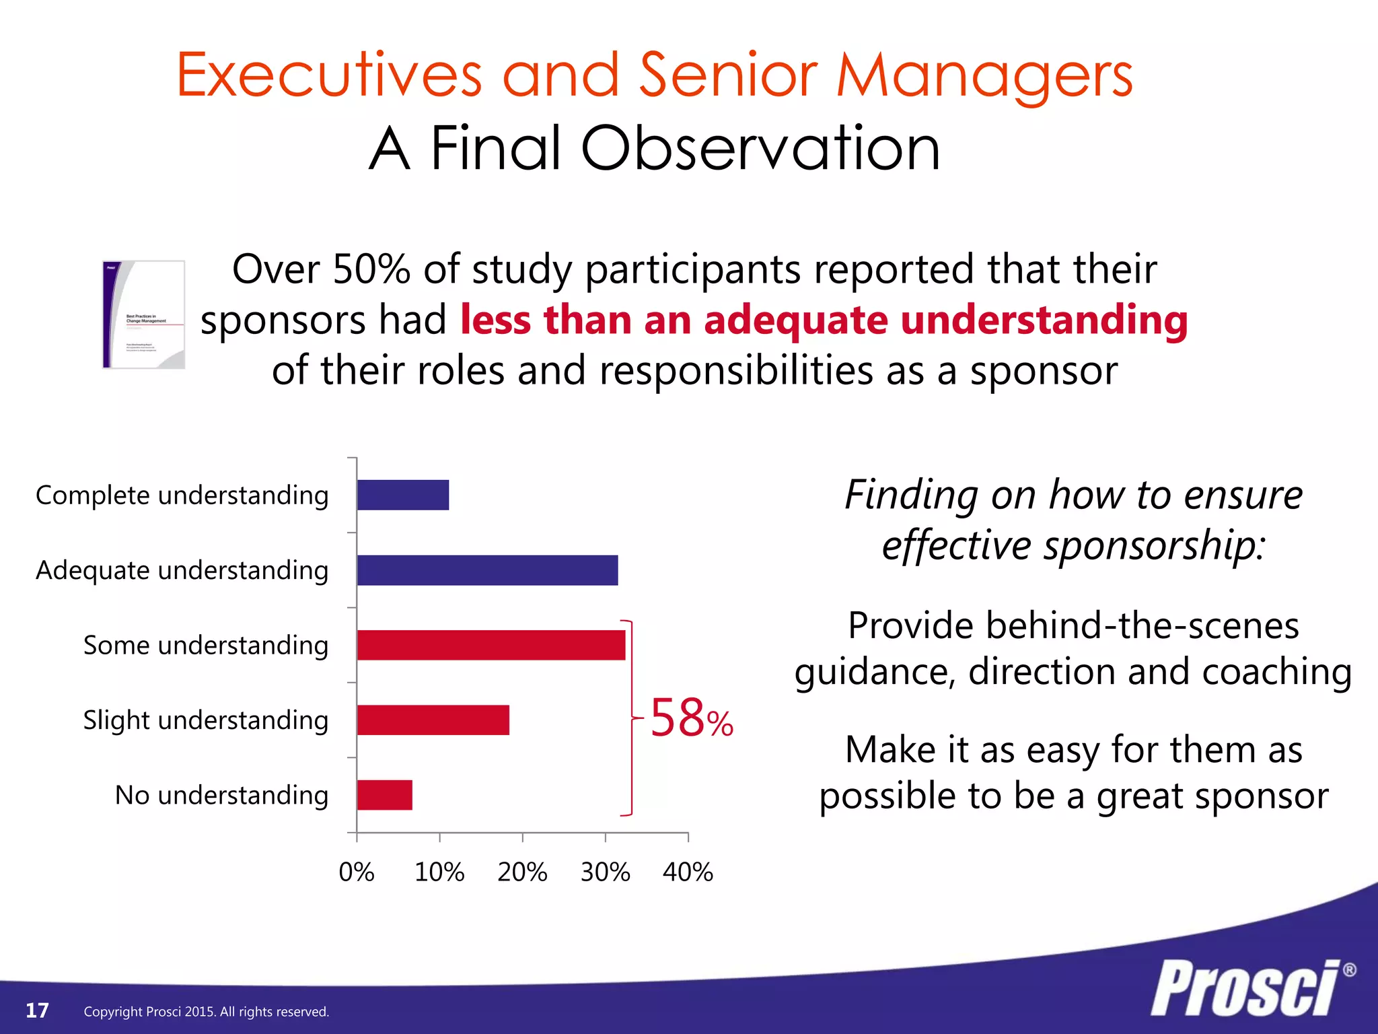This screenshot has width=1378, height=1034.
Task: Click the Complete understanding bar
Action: (402, 495)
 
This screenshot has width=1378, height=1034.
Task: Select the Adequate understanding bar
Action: (487, 570)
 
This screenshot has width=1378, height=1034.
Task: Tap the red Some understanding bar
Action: (491, 645)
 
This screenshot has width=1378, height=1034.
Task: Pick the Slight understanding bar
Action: (433, 720)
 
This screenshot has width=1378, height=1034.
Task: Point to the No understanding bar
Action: (384, 795)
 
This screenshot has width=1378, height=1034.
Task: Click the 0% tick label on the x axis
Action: (356, 872)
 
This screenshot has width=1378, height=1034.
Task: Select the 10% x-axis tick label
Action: (439, 872)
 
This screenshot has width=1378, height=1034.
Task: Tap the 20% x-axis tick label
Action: (522, 872)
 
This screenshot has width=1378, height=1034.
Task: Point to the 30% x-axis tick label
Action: (605, 872)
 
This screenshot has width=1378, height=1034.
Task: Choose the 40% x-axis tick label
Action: (688, 872)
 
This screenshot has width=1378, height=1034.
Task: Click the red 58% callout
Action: (691, 719)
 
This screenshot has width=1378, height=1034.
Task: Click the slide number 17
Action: (37, 1010)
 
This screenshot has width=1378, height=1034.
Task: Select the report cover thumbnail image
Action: (143, 314)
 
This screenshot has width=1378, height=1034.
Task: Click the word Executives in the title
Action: (329, 75)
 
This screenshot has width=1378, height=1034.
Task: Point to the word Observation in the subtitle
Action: (760, 149)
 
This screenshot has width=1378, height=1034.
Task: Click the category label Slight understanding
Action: (205, 720)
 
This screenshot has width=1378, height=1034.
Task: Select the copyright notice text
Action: (206, 1012)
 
